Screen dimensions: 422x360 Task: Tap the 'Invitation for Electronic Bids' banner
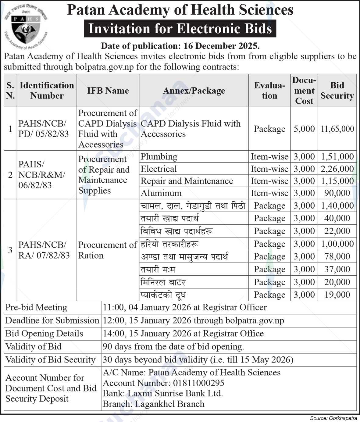(180, 29)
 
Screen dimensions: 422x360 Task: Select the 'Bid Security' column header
(337, 91)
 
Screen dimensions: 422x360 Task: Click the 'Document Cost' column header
(304, 91)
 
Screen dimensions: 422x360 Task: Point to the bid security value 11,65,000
(337, 129)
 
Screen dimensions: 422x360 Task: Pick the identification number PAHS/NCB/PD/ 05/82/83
(44, 129)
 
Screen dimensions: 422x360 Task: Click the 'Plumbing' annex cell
(159, 157)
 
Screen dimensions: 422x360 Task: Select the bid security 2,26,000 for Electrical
(337, 169)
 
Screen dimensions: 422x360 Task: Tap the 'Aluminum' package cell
(161, 193)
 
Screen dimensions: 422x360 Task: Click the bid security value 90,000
(337, 193)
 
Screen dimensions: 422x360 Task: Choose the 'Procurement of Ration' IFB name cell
(107, 250)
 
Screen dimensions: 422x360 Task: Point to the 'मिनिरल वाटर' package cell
(163, 282)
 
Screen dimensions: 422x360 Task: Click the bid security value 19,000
(337, 295)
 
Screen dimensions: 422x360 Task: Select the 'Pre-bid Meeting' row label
(36, 307)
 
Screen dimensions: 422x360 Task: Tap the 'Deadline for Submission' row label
(52, 320)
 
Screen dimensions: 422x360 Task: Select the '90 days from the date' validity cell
(173, 347)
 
